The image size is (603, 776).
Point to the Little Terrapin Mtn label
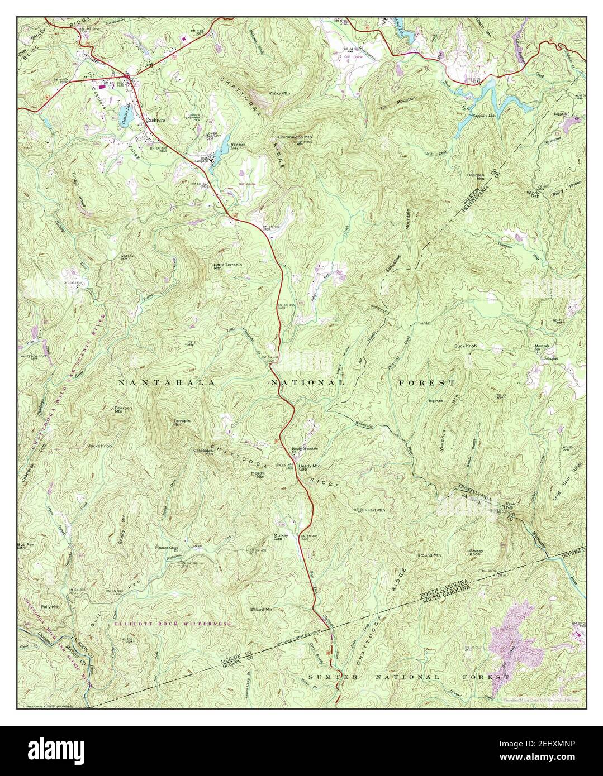[x=223, y=266]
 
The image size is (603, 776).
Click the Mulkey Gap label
[x=281, y=537]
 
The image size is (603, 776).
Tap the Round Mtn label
[x=430, y=555]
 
